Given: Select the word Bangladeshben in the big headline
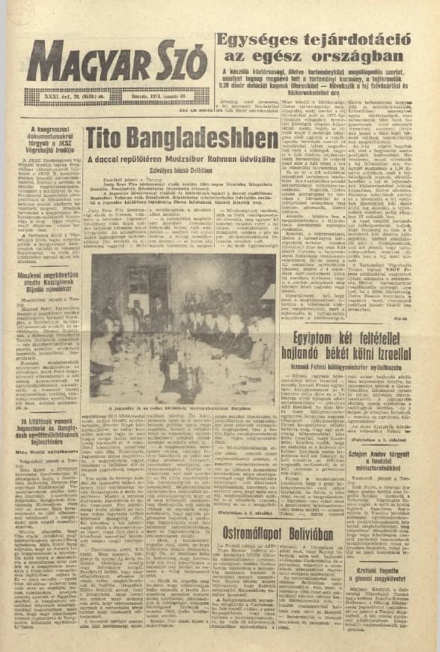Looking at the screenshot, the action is tap(216, 139).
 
